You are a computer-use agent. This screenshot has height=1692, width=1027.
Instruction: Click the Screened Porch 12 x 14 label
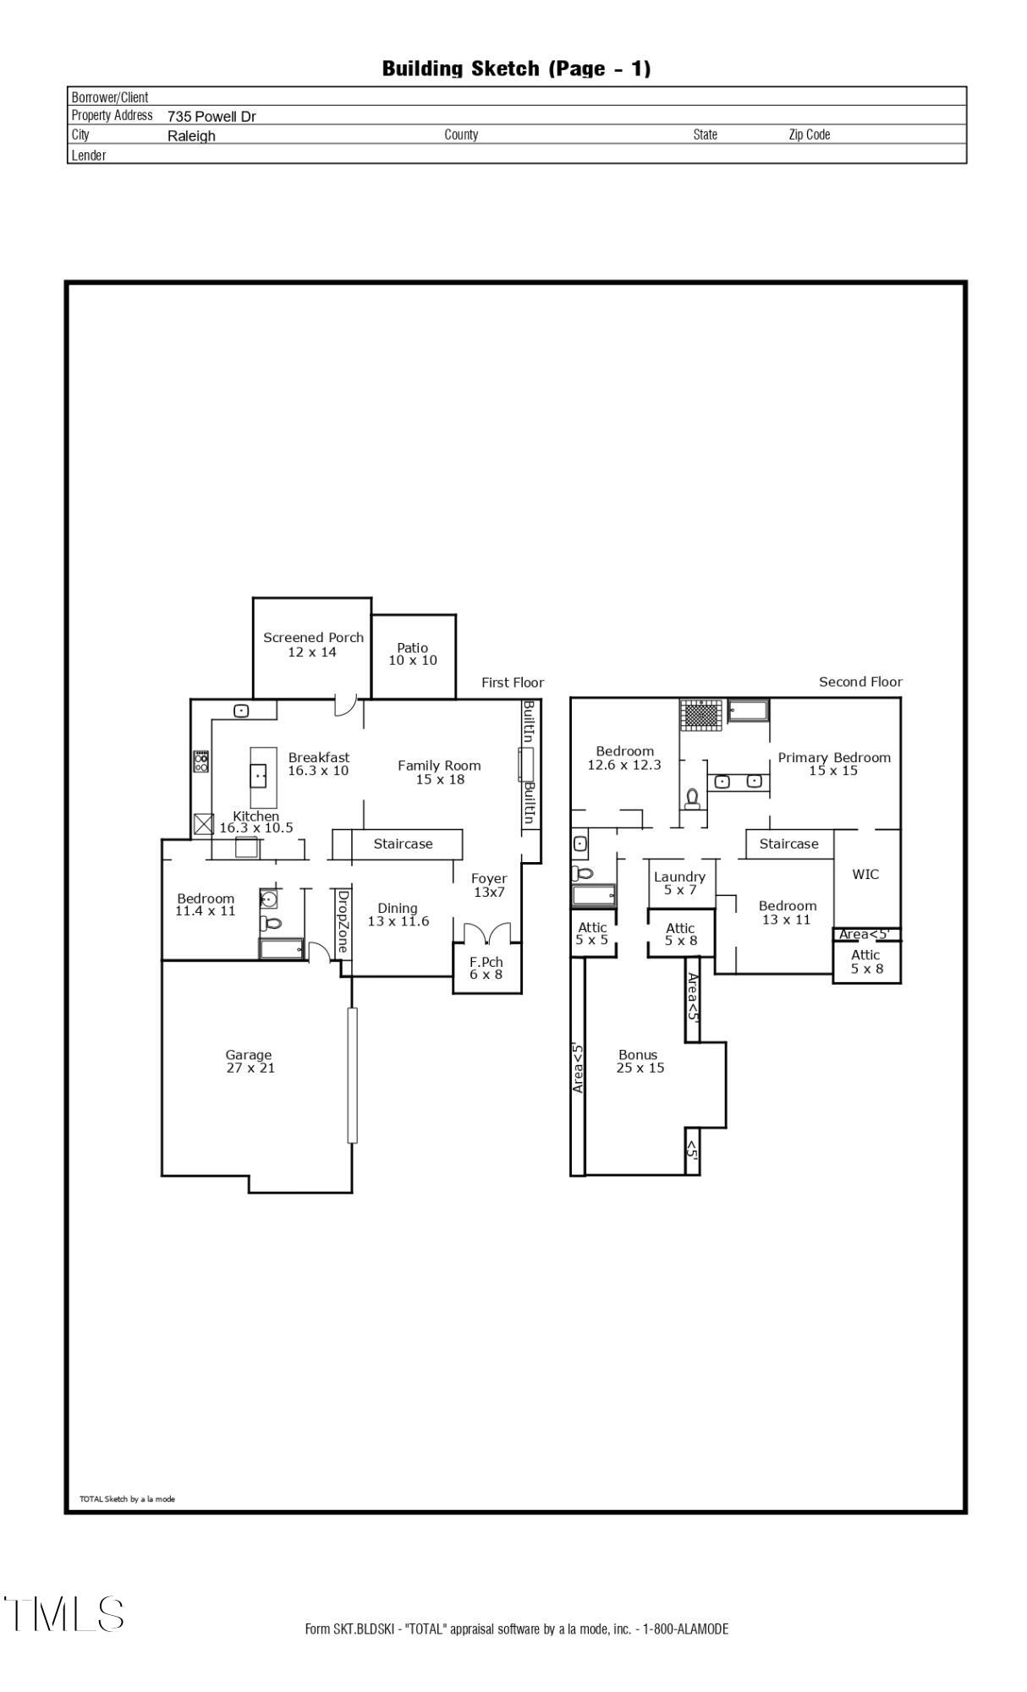click(x=313, y=645)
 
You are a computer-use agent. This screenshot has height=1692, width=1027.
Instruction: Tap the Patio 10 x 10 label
click(x=413, y=654)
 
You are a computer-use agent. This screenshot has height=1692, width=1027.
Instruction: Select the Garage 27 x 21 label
click(x=250, y=1061)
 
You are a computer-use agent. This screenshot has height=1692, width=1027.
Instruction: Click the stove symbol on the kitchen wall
click(x=201, y=761)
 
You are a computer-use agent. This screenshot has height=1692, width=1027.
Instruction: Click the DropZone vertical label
click(x=343, y=921)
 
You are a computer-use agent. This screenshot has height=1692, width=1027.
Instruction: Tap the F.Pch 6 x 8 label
click(x=486, y=968)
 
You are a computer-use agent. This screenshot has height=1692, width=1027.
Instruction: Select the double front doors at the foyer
click(x=487, y=931)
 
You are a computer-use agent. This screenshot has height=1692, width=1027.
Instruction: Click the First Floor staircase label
click(x=403, y=843)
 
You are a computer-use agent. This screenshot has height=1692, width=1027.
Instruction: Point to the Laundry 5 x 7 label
click(x=679, y=883)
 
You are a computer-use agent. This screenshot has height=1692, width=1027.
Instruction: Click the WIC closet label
click(x=865, y=874)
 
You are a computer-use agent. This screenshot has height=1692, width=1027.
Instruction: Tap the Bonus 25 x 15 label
click(x=640, y=1061)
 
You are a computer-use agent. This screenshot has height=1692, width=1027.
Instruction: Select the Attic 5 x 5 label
click(x=592, y=933)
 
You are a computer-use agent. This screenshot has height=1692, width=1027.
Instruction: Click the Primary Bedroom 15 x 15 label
click(x=834, y=764)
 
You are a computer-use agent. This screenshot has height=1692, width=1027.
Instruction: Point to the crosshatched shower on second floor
click(x=702, y=715)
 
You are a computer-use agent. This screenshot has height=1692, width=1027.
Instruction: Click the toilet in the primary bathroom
click(x=693, y=799)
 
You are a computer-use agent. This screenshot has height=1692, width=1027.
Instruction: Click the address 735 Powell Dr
click(x=211, y=117)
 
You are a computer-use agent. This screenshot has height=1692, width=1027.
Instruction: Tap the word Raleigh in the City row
click(x=191, y=136)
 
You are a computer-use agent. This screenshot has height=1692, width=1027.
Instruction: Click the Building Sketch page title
click(x=516, y=69)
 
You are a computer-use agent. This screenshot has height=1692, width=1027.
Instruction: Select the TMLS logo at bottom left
click(x=63, y=1614)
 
